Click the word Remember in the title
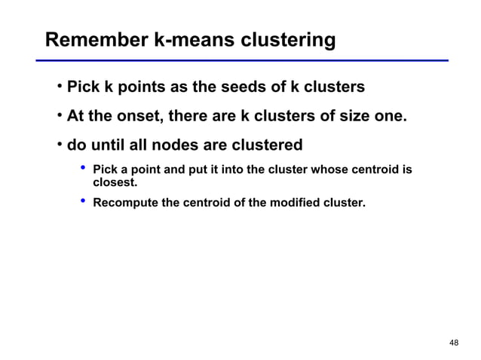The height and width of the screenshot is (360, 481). [x=96, y=39]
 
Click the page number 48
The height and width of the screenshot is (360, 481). [x=453, y=343]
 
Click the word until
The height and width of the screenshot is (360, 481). [x=111, y=144]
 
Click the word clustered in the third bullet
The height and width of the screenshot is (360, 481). [x=265, y=144]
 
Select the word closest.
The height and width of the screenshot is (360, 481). [x=115, y=182]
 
